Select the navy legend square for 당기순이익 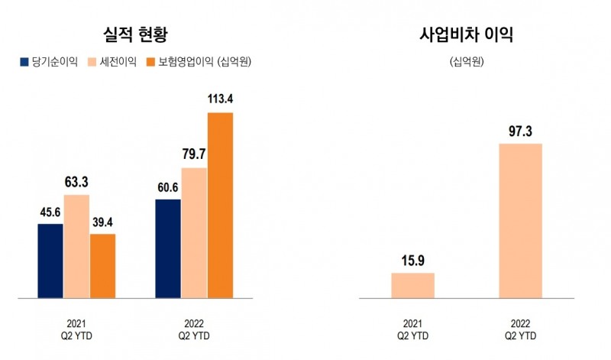[24, 61]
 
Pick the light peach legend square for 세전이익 [95, 61]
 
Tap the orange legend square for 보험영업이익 [150, 61]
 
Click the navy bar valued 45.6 [50, 261]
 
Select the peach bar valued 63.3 [76, 246]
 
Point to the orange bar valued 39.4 [102, 265]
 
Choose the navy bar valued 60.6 [168, 248]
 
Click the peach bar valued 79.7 [194, 232]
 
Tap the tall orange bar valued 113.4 [220, 205]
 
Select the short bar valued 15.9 [412, 285]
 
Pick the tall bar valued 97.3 [520, 220]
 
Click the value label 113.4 [220, 99]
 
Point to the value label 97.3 [520, 130]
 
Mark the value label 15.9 [412, 259]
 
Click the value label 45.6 [50, 210]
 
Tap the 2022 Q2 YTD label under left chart [194, 329]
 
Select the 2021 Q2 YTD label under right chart [412, 329]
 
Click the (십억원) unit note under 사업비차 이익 [466, 61]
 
